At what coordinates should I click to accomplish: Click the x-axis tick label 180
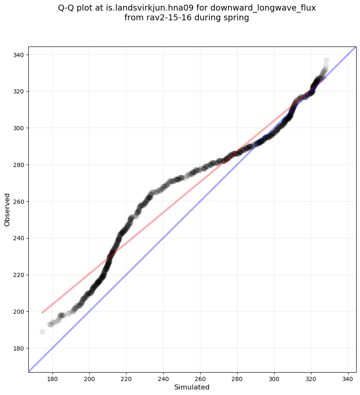(52, 379)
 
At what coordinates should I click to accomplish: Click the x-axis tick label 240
(163, 379)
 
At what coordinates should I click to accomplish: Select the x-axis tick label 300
(274, 379)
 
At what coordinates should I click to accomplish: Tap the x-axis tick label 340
(348, 379)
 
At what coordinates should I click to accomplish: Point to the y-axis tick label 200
(19, 312)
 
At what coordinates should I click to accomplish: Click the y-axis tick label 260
(19, 201)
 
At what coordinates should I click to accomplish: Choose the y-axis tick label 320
(19, 91)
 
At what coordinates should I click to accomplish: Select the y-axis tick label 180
(19, 348)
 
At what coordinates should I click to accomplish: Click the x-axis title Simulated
(192, 387)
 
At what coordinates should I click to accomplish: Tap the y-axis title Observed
(7, 209)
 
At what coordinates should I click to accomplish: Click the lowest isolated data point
(42, 332)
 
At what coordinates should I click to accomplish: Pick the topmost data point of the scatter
(326, 60)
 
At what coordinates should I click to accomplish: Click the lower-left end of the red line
(42, 313)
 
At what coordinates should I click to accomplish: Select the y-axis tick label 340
(19, 55)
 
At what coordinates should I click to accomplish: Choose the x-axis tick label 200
(89, 379)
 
